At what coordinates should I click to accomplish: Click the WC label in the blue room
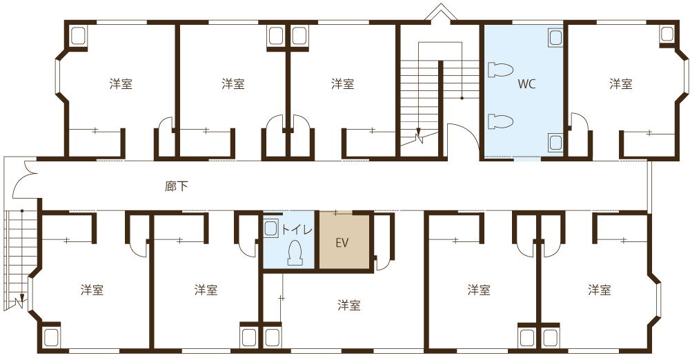526,85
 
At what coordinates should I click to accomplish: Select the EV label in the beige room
342,243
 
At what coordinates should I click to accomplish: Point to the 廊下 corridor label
176,186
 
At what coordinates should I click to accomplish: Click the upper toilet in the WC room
500,70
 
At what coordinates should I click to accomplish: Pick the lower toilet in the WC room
500,122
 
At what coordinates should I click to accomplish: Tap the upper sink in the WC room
555,37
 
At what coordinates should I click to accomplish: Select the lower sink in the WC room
555,142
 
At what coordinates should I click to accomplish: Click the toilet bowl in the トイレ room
295,252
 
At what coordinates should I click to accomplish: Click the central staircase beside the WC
421,97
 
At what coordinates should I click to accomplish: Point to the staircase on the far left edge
17,255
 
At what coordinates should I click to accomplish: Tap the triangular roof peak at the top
440,12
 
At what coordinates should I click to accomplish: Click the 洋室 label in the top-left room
121,84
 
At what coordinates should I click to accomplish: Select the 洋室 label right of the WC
620,84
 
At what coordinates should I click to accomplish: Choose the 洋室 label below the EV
348,305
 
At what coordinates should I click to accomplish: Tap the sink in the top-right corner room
667,33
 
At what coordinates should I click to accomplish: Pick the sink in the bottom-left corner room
52,338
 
